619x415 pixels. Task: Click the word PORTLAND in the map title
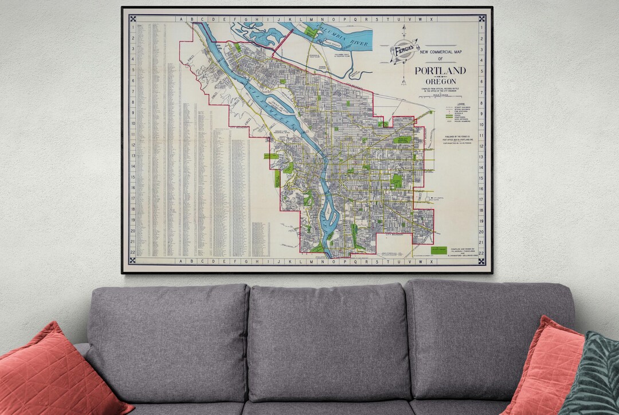(x=440, y=71)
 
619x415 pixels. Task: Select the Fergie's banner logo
(x=405, y=50)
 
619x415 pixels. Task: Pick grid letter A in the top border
(x=182, y=19)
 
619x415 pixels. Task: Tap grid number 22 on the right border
(x=481, y=253)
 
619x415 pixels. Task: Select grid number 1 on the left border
(x=133, y=27)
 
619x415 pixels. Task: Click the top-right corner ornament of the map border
(x=482, y=18)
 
